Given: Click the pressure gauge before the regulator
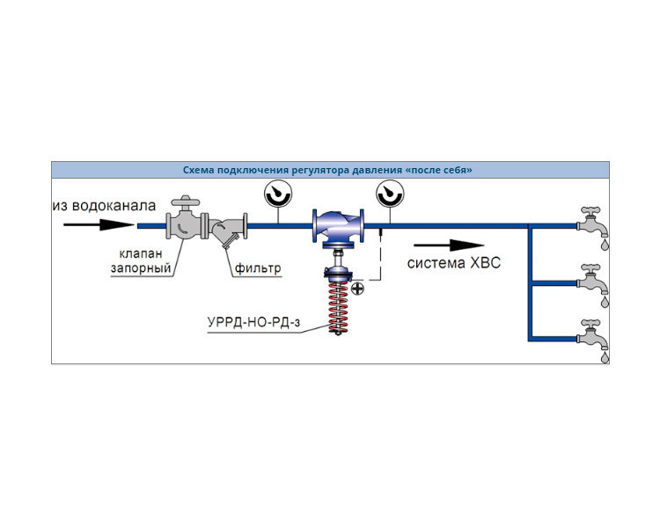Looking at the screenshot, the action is [278, 194].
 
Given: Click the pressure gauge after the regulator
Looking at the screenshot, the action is [390, 194].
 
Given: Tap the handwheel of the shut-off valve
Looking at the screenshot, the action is [185, 202].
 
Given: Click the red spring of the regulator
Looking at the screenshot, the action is [339, 305].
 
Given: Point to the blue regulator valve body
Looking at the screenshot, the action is [338, 226].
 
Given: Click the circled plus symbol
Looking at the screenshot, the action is [357, 289].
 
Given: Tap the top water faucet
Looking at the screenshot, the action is [592, 221].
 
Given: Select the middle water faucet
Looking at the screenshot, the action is [592, 278].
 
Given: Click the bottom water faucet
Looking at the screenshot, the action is [592, 334].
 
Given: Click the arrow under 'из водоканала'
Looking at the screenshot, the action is [99, 225].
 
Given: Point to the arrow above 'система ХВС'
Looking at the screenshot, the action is [449, 245].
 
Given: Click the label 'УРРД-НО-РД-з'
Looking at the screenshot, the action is [253, 323].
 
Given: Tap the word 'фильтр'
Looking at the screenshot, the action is [258, 268].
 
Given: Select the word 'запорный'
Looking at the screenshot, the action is [141, 268].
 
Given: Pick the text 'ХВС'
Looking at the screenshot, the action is [485, 263].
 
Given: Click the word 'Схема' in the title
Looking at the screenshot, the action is [196, 170].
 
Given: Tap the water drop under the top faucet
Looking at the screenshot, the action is [605, 245].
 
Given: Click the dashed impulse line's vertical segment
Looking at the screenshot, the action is [381, 254].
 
